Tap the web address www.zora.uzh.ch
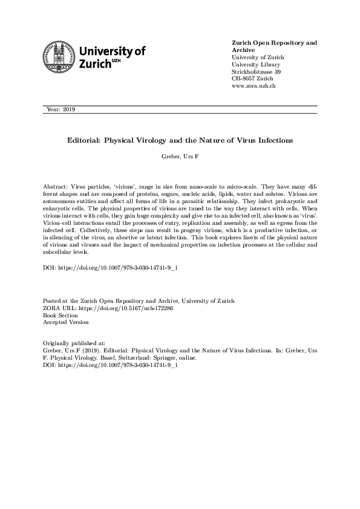(x=254, y=86)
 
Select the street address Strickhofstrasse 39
(x=257, y=72)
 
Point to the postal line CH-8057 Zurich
(x=252, y=79)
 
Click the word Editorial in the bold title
(x=84, y=140)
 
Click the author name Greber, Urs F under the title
(x=180, y=157)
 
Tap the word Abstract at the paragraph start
(x=54, y=181)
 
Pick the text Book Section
(x=61, y=315)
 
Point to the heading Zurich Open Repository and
(x=274, y=43)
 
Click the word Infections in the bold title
(x=270, y=140)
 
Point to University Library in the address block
(x=257, y=65)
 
